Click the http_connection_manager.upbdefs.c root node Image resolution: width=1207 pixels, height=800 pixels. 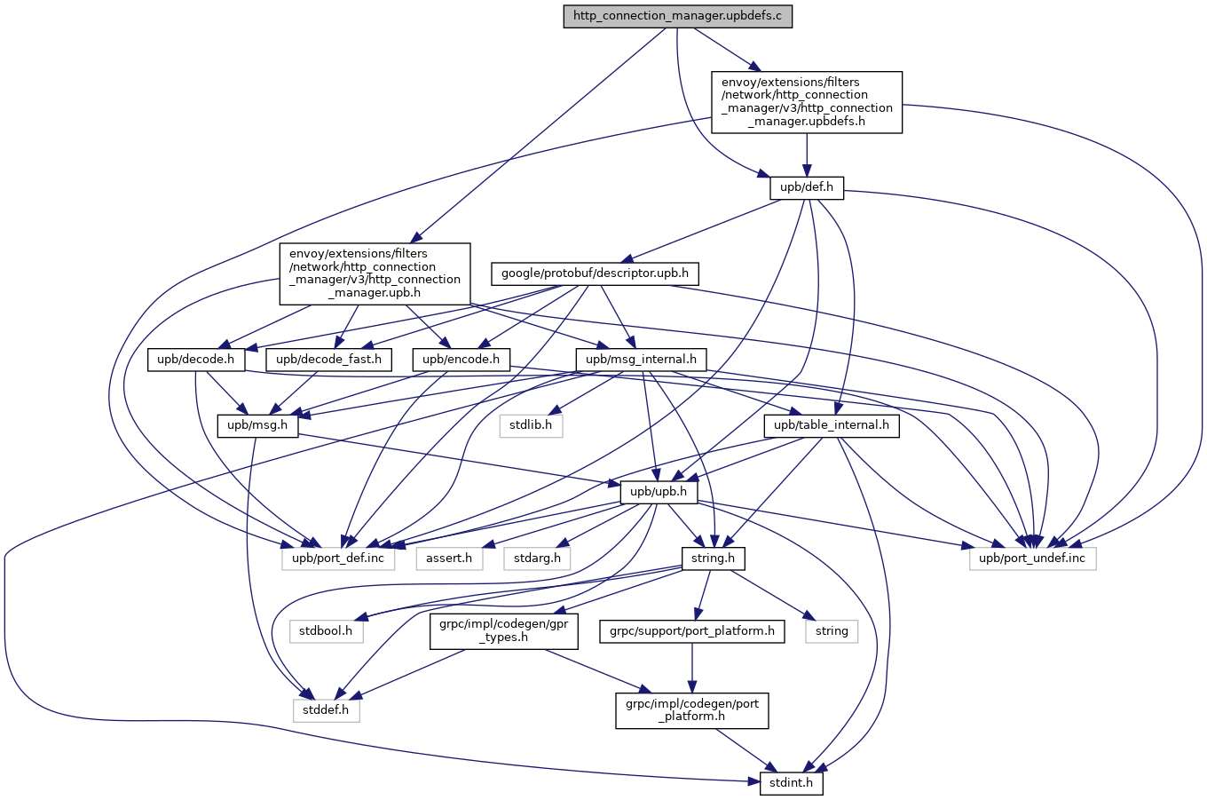click(677, 16)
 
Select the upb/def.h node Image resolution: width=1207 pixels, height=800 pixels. click(806, 187)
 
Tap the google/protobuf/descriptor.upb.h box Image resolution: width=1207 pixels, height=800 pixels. click(595, 273)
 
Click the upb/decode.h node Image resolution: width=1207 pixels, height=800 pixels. click(195, 360)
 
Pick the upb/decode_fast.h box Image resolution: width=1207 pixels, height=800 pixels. click(328, 360)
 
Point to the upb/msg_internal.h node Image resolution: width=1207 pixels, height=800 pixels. click(642, 360)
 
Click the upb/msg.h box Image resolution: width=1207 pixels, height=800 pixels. click(257, 425)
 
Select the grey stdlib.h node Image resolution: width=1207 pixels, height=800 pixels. click(531, 425)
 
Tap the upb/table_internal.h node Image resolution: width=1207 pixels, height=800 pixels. click(832, 425)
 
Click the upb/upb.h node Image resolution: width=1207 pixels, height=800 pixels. click(659, 491)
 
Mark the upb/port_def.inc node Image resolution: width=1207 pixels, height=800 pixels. click(338, 558)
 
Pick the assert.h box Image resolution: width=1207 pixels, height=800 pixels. click(449, 558)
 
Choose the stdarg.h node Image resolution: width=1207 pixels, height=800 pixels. click(537, 558)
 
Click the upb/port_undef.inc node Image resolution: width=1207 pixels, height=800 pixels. click(1032, 558)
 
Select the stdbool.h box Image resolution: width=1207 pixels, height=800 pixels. click(326, 631)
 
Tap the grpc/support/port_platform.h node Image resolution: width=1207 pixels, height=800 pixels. click(691, 631)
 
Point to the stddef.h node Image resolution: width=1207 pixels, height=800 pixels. click(326, 710)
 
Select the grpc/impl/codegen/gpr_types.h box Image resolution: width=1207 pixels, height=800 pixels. click(503, 631)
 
